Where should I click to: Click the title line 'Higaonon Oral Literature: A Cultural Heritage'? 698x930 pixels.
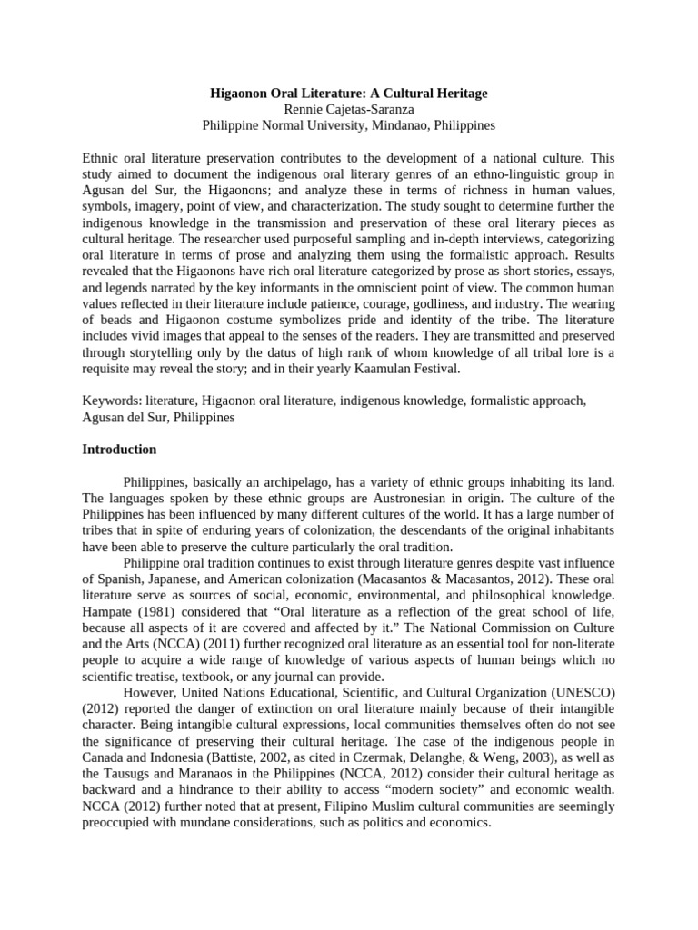[x=349, y=94]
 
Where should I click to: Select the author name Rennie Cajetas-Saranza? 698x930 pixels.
[x=349, y=109]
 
